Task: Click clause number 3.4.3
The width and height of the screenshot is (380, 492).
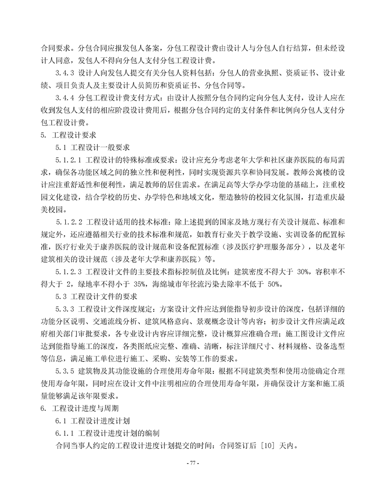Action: (x=66, y=74)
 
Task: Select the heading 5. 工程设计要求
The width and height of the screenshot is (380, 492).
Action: (x=68, y=136)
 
